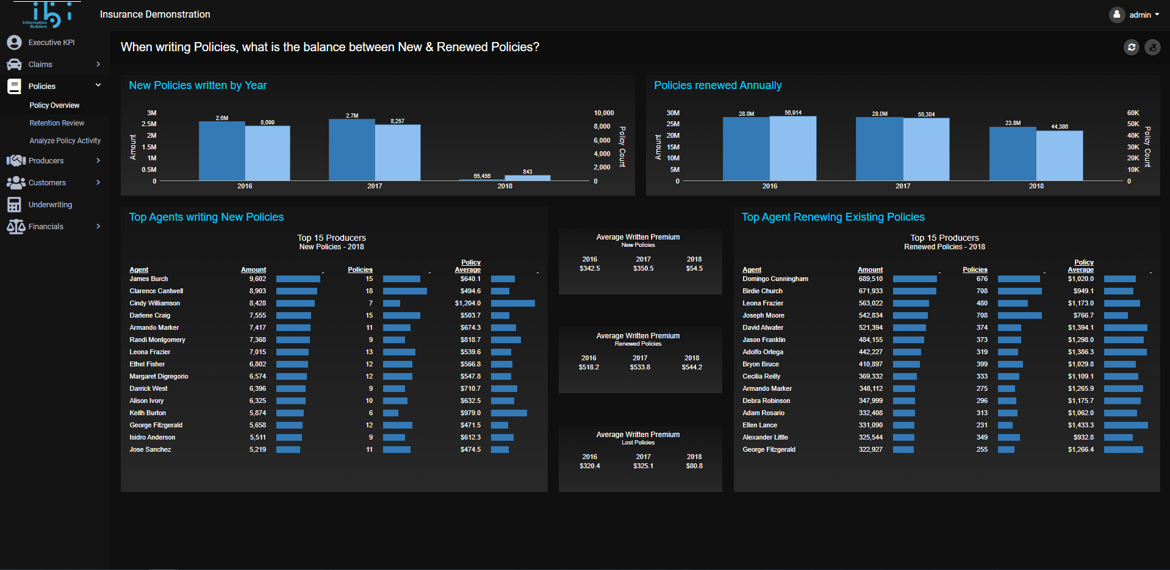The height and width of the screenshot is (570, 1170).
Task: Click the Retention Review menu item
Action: [57, 123]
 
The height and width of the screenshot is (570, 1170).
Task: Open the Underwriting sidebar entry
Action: [50, 205]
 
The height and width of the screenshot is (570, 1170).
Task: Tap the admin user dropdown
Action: [1135, 15]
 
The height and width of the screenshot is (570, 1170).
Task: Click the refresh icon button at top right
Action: [1132, 47]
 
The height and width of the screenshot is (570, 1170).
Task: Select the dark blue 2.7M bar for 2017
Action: [352, 150]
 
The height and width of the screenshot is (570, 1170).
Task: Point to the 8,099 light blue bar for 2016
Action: [268, 153]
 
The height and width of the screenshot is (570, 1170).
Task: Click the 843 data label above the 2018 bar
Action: [528, 172]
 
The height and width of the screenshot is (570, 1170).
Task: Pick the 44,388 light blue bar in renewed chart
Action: [1060, 155]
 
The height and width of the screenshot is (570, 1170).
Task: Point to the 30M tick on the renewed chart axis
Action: [673, 113]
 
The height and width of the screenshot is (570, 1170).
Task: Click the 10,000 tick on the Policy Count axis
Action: [604, 113]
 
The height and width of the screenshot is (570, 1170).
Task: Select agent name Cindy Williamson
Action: [155, 303]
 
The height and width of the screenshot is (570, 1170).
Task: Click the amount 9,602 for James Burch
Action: [257, 279]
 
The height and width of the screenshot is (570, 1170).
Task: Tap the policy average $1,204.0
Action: [467, 303]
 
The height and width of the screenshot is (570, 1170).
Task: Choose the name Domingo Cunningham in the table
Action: [775, 279]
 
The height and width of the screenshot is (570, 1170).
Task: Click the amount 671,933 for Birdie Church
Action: [870, 291]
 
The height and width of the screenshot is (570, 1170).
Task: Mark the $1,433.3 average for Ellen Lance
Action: [1080, 425]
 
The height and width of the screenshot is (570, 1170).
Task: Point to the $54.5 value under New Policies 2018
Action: [694, 268]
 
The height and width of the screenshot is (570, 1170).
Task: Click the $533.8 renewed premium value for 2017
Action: [640, 367]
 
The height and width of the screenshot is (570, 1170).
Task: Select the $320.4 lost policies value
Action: [589, 466]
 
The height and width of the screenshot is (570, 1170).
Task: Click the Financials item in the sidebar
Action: [46, 227]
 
